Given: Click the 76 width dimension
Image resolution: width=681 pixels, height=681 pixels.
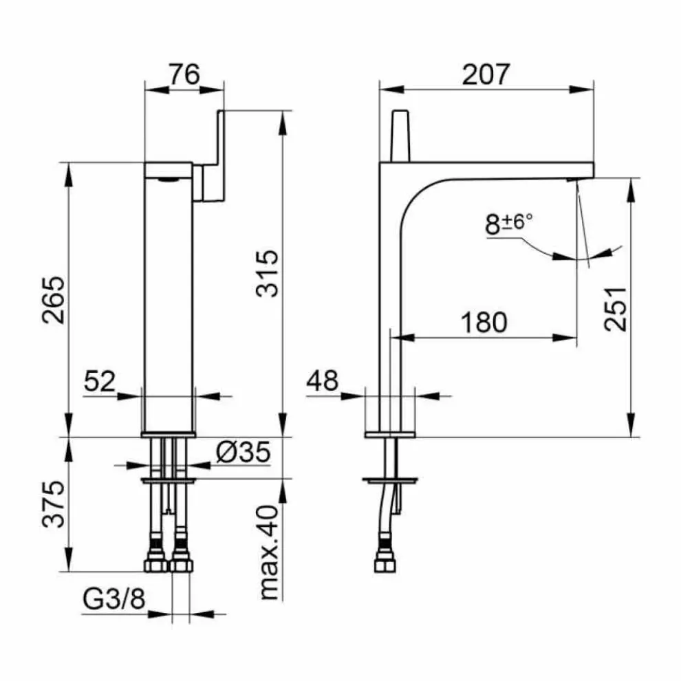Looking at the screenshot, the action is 184,74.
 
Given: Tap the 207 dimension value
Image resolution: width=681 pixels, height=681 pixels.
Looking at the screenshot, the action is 485,74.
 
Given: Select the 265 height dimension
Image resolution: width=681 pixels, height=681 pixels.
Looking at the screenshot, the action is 54,300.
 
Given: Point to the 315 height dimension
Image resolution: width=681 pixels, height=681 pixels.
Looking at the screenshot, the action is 267,274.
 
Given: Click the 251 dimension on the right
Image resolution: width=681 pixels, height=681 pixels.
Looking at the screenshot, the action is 616,309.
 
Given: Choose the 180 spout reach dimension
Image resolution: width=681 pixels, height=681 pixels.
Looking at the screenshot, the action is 484,322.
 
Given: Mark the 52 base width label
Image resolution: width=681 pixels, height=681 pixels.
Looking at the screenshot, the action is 100,381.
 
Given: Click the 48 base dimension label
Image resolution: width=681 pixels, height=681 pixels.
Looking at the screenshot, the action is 322,380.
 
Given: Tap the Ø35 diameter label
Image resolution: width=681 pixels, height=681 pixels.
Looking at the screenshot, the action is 244,452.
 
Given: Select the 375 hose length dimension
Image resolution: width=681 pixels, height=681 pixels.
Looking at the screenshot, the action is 54,504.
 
